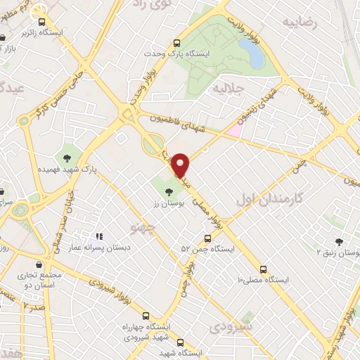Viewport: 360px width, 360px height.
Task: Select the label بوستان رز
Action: click(168, 202)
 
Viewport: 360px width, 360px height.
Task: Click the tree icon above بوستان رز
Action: click(169, 190)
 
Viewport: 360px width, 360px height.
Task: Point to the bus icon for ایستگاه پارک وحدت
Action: click(176, 43)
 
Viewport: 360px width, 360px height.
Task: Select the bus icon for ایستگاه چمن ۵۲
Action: click(206, 238)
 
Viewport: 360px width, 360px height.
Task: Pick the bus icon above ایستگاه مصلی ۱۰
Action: click(264, 269)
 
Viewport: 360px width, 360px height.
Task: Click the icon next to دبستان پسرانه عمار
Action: click(100, 236)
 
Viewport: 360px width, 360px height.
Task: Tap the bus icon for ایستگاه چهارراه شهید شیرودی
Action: click(146, 316)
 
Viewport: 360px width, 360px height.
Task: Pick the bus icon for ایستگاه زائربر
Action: click(42, 22)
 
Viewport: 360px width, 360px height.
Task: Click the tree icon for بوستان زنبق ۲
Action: click(340, 241)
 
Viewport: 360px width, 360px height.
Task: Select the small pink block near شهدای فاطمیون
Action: click(235, 131)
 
